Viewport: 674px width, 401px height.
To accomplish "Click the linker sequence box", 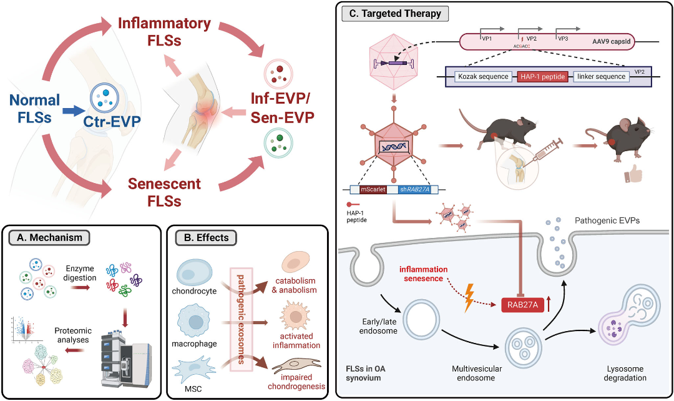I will pyautogui.click(x=602, y=76).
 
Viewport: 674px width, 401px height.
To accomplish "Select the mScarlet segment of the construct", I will pyautogui.click(x=373, y=189).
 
